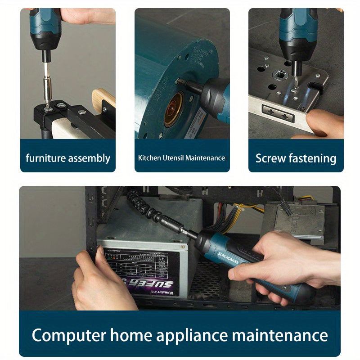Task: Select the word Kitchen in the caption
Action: (x=149, y=158)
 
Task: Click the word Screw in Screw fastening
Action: (x=270, y=158)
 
